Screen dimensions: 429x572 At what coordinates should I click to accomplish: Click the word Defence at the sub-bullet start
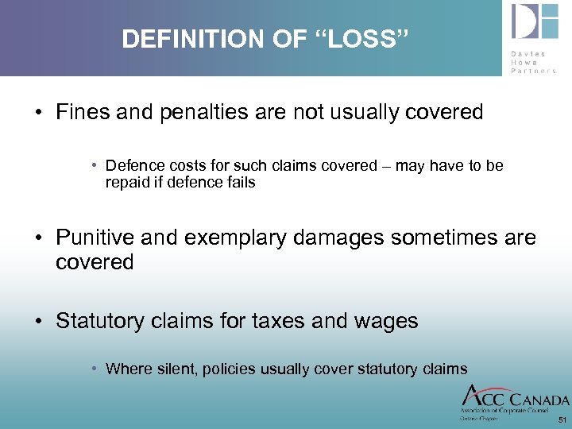[x=133, y=165]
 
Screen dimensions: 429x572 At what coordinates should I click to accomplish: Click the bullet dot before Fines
[x=38, y=113]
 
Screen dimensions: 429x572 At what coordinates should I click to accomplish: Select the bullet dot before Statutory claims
[x=38, y=322]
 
